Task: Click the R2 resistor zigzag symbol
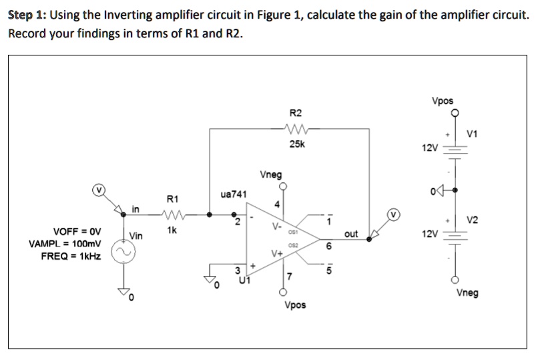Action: (x=295, y=130)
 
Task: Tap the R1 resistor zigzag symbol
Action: (x=172, y=215)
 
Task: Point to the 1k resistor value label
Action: (x=172, y=230)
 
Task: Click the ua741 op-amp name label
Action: (x=233, y=194)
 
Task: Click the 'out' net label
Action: (x=351, y=234)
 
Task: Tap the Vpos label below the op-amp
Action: (x=295, y=305)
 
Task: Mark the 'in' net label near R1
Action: (x=136, y=210)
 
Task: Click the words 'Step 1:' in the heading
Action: (x=27, y=16)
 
